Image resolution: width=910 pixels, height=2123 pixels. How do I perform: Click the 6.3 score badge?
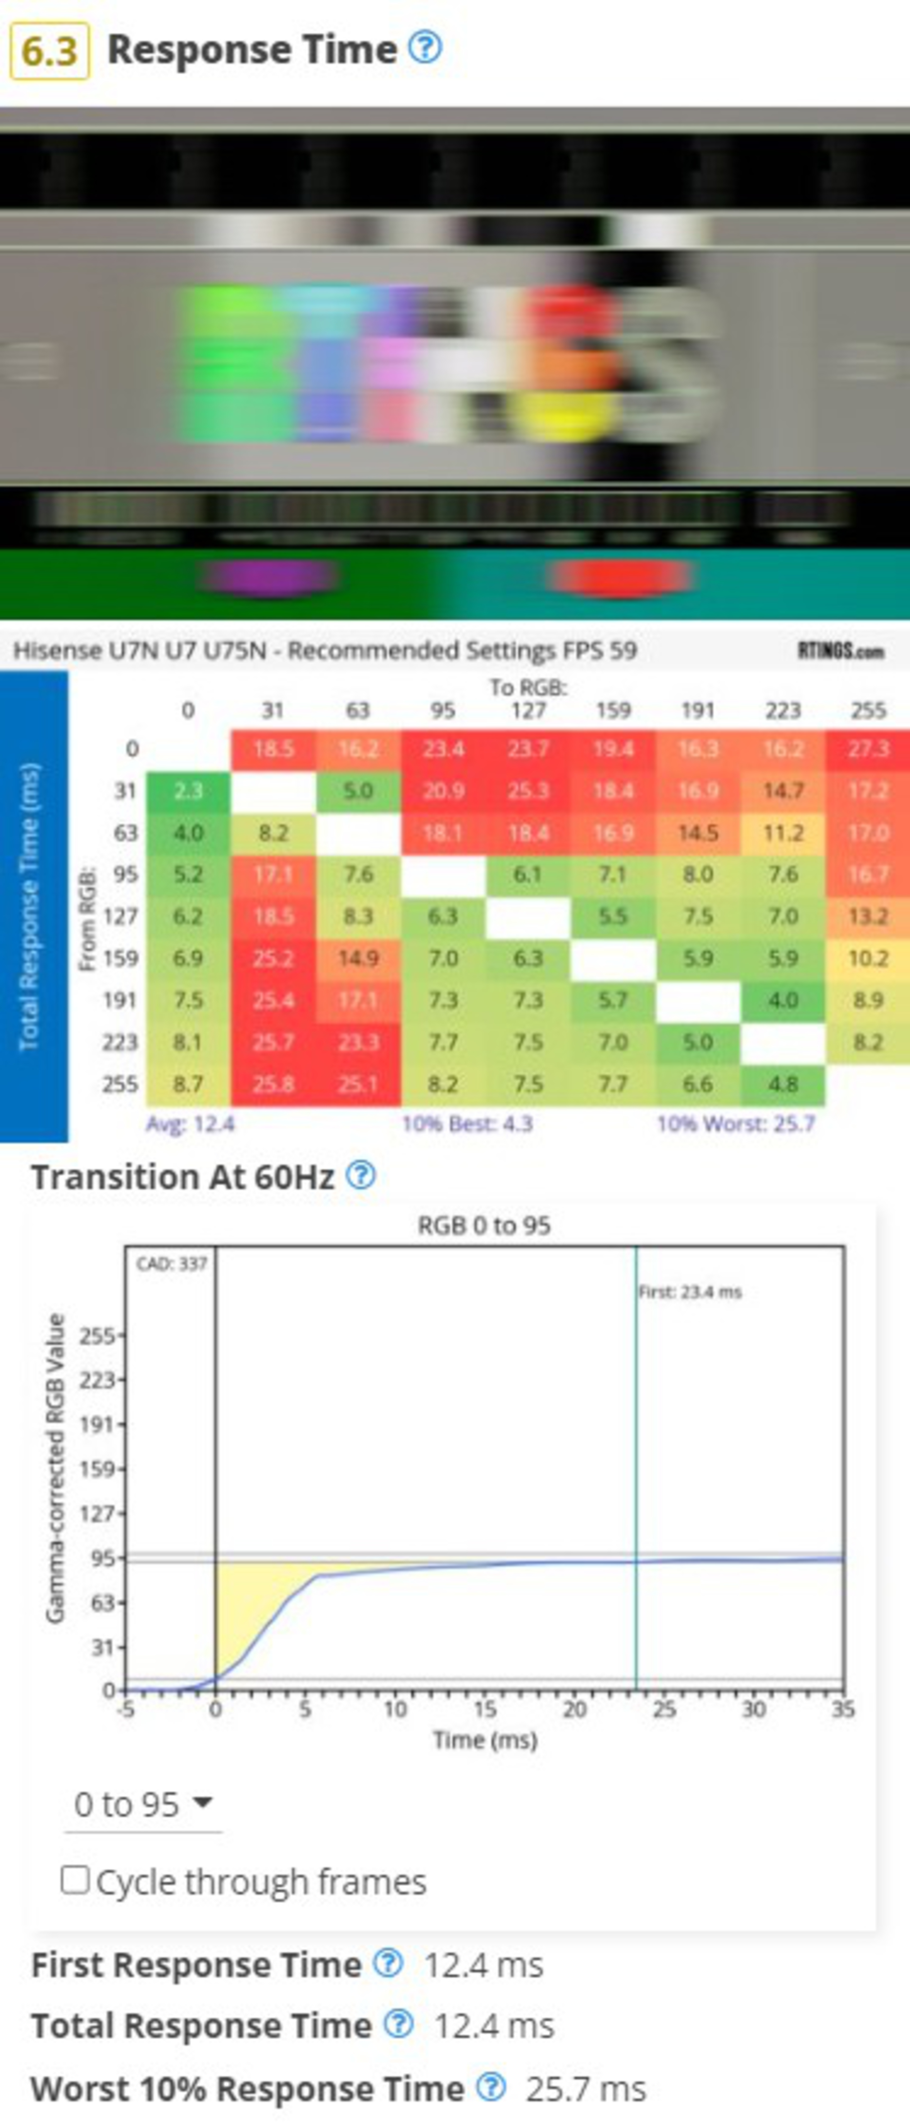(x=50, y=51)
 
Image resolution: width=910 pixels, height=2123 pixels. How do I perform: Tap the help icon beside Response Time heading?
(x=425, y=48)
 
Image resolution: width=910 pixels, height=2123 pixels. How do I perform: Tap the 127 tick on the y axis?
(x=97, y=1514)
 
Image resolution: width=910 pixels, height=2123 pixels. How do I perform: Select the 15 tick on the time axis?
(x=485, y=1709)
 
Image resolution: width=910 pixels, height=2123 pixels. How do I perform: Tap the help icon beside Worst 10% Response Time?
(x=491, y=2087)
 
